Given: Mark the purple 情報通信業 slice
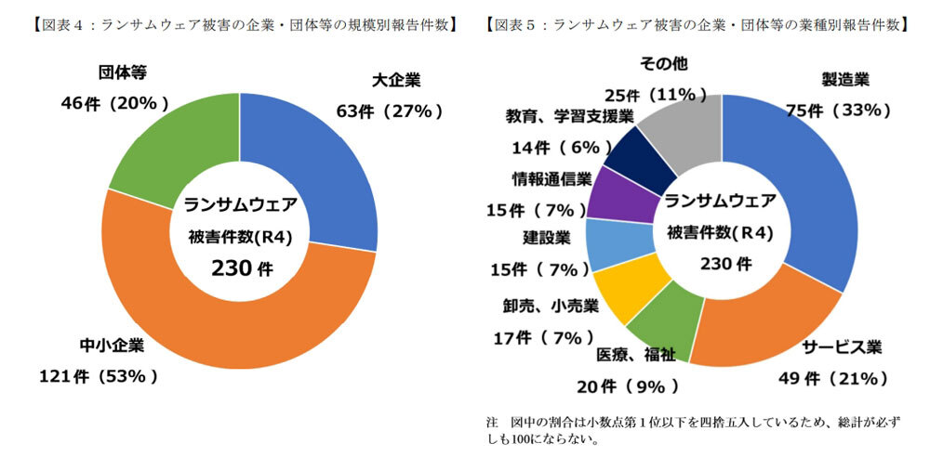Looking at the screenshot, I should point(615,195).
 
